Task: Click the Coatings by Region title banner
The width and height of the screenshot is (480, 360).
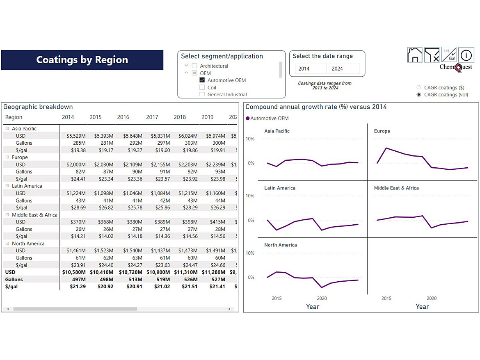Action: [82, 60]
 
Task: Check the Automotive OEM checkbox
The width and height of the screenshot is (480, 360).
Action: [202, 80]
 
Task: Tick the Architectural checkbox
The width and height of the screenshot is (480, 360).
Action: [194, 66]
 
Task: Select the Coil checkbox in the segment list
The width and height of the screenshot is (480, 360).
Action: [202, 87]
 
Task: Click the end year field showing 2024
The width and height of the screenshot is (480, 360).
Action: [344, 68]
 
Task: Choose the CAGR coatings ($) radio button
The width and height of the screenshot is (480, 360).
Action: [419, 87]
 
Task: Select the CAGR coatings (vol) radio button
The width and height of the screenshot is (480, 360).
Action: [419, 95]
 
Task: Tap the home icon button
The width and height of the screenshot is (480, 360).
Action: [415, 55]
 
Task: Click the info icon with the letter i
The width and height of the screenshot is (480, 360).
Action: [466, 55]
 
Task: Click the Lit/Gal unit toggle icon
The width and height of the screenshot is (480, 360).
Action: [449, 55]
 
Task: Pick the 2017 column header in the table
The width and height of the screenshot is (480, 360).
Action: [152, 117]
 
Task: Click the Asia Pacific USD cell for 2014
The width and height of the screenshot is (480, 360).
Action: [76, 136]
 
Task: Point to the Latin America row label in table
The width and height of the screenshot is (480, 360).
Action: [27, 186]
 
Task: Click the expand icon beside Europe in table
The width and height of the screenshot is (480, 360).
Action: [7, 157]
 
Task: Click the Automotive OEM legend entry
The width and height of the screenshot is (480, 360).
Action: [269, 118]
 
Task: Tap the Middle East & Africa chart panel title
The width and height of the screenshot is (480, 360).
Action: [396, 188]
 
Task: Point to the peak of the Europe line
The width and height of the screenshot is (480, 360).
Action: [386, 148]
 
